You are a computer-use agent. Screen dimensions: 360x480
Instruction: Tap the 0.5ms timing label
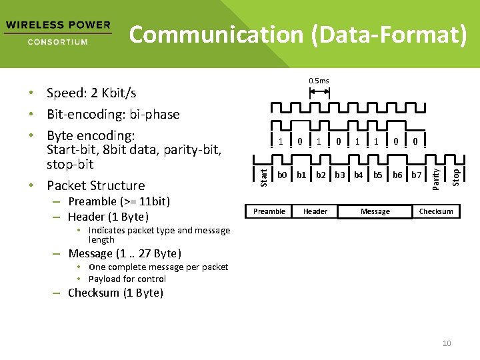pyautogui.click(x=319, y=81)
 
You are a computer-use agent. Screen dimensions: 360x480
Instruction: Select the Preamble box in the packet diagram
pyautogui.click(x=269, y=211)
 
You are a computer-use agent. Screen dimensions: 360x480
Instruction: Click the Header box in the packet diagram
pyautogui.click(x=315, y=211)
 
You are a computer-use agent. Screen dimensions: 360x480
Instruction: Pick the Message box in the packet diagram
pyautogui.click(x=375, y=211)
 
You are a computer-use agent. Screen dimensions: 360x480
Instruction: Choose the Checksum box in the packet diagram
pyautogui.click(x=436, y=211)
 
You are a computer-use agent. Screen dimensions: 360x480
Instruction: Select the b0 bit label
pyautogui.click(x=282, y=175)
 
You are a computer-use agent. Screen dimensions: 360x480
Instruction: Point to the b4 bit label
pyautogui.click(x=359, y=175)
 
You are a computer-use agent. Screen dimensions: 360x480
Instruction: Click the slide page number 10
pyautogui.click(x=447, y=343)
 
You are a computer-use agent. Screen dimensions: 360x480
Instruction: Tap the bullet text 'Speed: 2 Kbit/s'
pyautogui.click(x=91, y=93)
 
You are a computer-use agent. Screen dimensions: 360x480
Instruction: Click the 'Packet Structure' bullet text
pyautogui.click(x=96, y=185)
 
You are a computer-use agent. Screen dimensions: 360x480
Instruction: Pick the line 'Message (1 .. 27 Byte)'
pyautogui.click(x=125, y=253)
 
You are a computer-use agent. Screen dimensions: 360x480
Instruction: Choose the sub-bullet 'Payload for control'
pyautogui.click(x=127, y=279)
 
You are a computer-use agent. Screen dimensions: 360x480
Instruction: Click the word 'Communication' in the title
pyautogui.click(x=217, y=35)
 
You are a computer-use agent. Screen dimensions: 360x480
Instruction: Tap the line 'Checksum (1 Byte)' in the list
pyautogui.click(x=115, y=293)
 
